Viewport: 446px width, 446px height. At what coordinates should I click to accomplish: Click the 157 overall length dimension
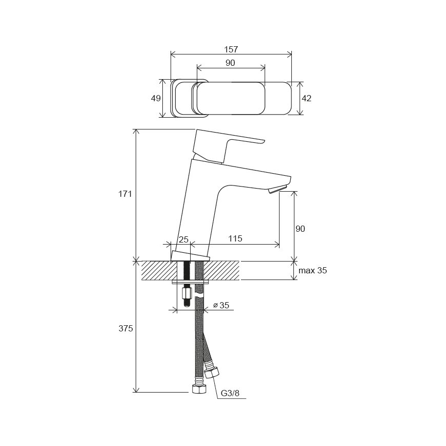point(231,49)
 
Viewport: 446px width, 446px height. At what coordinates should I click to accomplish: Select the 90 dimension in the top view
point(230,63)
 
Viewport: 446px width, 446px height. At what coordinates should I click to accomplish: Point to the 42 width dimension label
point(306,98)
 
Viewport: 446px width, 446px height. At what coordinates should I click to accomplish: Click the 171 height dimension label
point(125,194)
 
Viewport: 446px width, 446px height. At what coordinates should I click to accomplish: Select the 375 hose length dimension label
point(125,328)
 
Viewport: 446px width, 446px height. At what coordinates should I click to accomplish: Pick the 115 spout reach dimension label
point(234,239)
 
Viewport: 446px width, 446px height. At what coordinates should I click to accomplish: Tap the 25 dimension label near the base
point(183,239)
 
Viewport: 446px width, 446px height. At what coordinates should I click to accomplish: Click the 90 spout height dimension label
point(300,229)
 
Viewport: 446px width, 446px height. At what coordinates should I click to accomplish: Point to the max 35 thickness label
point(312,270)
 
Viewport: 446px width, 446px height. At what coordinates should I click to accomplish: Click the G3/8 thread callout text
point(230,394)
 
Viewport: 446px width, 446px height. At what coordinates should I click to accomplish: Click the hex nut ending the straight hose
point(198,388)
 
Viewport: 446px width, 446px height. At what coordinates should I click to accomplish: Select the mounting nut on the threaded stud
point(187,294)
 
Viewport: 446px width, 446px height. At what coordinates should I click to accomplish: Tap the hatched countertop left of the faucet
point(157,270)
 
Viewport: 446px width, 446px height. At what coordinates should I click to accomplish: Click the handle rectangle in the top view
point(230,98)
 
